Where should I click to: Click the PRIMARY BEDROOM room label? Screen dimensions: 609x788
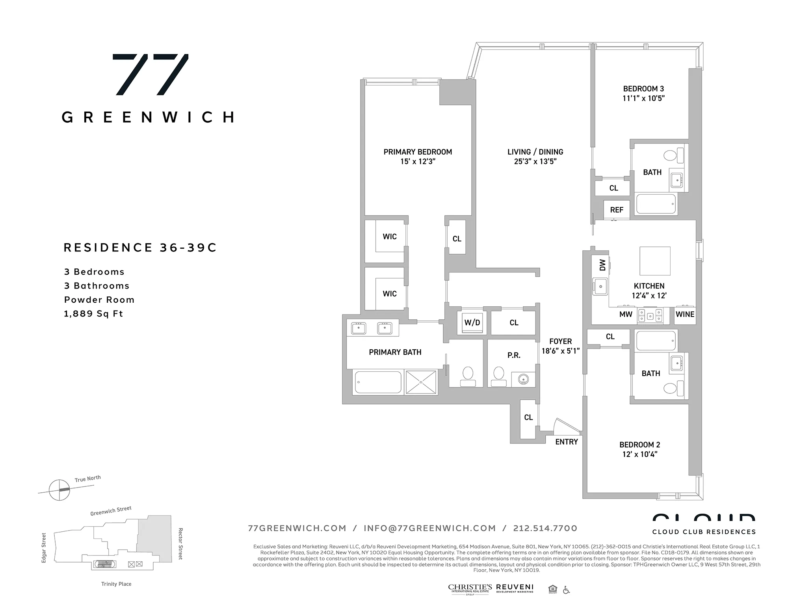pos(418,152)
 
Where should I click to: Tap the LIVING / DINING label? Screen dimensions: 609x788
pos(535,152)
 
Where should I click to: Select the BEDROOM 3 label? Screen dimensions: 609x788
pos(643,89)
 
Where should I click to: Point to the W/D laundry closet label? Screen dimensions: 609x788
pos(472,323)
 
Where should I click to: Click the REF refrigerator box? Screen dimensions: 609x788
pos(617,210)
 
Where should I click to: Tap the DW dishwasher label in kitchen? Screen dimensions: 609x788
pos(602,265)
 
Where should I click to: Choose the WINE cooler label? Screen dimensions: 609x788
pos(685,315)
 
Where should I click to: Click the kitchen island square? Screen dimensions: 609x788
pos(655,261)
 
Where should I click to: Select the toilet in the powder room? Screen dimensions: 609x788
pos(498,376)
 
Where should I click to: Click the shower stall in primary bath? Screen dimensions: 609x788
pos(421,382)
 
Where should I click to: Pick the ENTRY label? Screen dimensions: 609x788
pos(567,442)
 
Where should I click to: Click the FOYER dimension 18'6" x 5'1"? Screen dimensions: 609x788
pos(560,351)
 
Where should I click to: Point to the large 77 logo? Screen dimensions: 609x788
pos(150,74)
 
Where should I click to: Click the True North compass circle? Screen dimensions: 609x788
pos(59,490)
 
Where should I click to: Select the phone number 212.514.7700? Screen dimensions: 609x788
pos(545,528)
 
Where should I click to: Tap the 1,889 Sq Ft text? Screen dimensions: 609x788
pos(94,314)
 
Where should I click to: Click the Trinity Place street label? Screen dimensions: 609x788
pos(116,584)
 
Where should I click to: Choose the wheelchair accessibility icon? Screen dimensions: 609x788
pos(566,590)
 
